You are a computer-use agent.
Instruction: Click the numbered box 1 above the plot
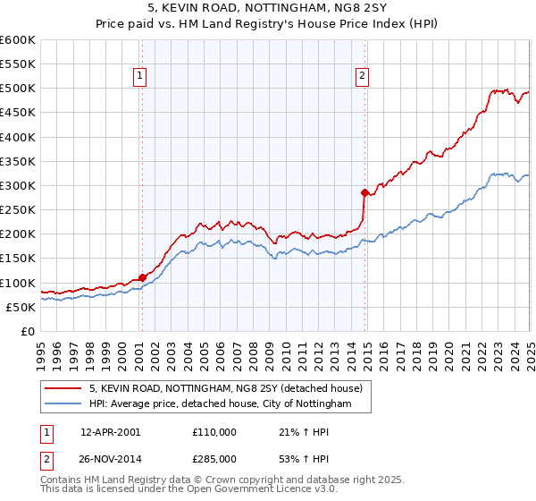(141, 77)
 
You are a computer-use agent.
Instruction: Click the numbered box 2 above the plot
(362, 77)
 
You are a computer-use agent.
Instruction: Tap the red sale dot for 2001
(142, 277)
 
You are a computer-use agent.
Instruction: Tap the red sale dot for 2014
(364, 192)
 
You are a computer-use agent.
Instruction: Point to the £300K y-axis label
(18, 186)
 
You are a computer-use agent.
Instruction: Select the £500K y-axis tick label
(18, 89)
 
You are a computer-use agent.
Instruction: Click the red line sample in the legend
(63, 388)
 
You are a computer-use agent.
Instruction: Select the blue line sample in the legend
(63, 404)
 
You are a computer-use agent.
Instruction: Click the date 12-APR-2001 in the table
(110, 431)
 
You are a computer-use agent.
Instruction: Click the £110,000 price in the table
(214, 431)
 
